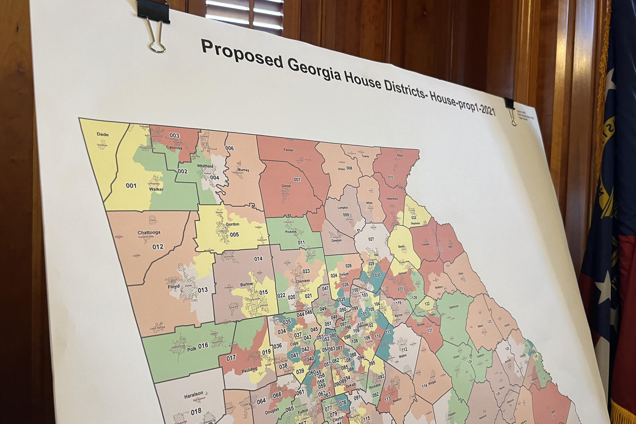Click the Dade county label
coord(103,135)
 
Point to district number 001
coord(131,186)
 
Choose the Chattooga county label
coord(149,233)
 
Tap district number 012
coord(158,247)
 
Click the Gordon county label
coord(233,224)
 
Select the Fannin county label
coord(288,150)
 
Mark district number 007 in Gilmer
coord(297,180)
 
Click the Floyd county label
coord(174,286)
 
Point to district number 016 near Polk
coord(203,345)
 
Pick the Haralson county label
coord(194,394)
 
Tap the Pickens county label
coord(291,232)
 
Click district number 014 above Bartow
coord(258,259)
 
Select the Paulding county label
coord(249,369)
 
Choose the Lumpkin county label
coord(343,208)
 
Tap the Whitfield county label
coord(205,166)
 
